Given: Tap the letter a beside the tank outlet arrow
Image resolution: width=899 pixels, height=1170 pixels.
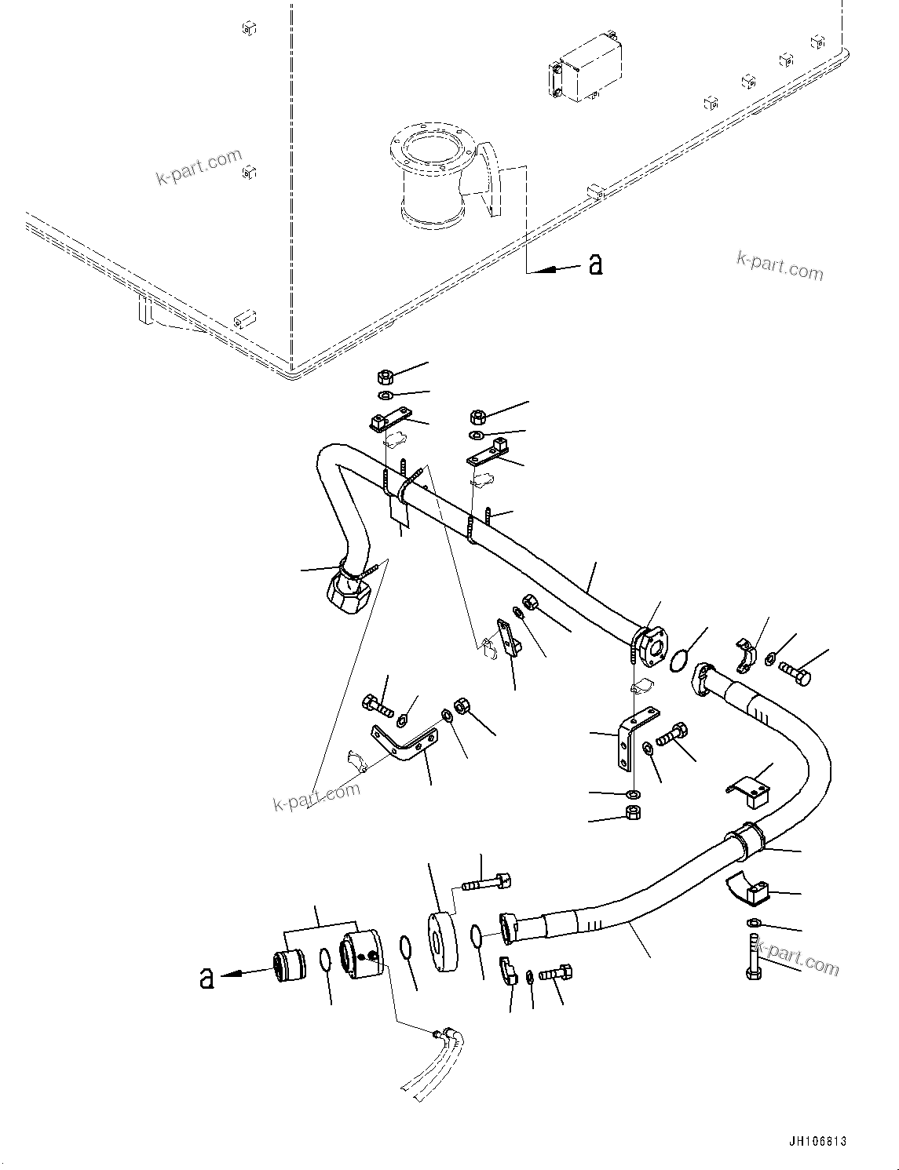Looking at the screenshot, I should (x=596, y=265).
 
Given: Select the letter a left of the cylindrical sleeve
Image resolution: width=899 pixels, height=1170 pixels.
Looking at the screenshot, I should (x=206, y=978).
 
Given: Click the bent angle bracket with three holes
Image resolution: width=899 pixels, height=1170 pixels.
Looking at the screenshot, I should (x=404, y=744).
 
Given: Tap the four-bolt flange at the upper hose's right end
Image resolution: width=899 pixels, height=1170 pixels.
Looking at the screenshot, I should (x=649, y=643).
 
